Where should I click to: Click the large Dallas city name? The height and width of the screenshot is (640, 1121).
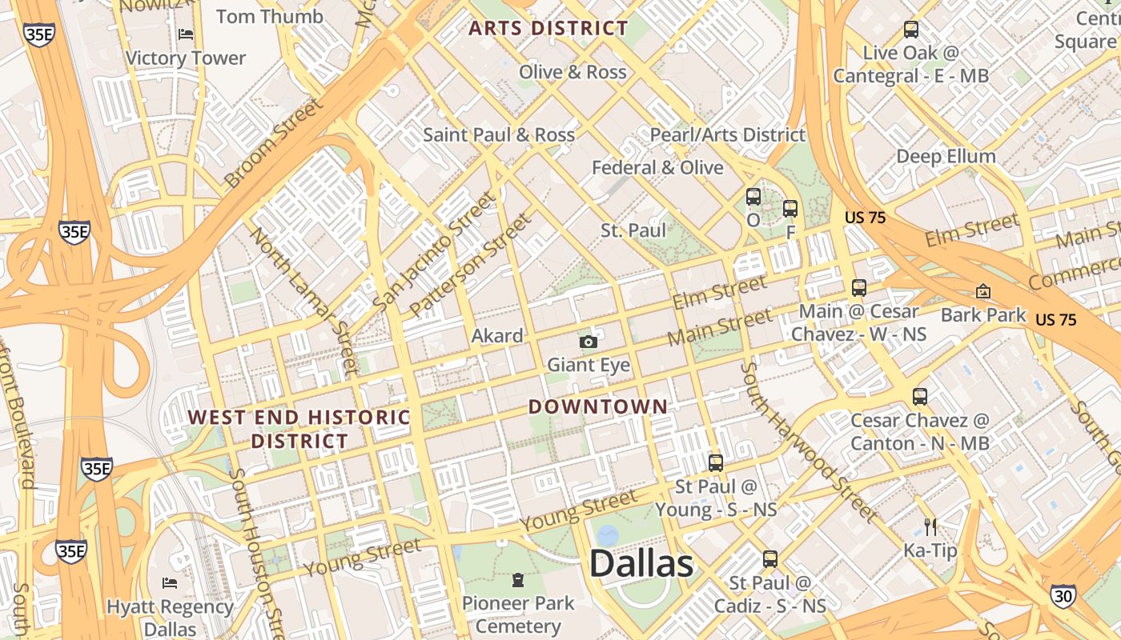click(x=641, y=564)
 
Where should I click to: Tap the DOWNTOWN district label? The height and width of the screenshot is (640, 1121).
click(x=597, y=406)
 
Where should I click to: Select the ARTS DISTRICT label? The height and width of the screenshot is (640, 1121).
click(x=548, y=29)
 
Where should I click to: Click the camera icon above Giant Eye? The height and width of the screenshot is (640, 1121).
click(x=589, y=342)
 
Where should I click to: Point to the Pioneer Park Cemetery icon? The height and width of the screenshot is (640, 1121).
click(x=518, y=578)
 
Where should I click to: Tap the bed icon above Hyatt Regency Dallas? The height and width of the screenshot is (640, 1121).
click(x=170, y=582)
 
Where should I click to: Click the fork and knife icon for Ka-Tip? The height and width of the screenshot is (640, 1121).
click(x=930, y=526)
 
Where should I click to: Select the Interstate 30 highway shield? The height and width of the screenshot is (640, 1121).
click(x=1063, y=595)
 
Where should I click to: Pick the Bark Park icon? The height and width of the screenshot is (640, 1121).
click(x=983, y=291)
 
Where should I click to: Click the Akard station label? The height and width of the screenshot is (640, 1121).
click(x=497, y=336)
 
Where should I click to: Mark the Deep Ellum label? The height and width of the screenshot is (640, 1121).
click(x=946, y=156)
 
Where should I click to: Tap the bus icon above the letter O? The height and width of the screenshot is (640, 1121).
click(x=753, y=197)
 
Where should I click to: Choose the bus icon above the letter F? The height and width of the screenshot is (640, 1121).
click(x=790, y=209)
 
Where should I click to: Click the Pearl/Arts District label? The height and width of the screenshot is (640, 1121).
click(x=727, y=134)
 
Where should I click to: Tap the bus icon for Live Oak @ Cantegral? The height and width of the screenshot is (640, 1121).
click(x=911, y=30)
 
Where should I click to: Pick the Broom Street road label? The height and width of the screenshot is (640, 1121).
click(x=274, y=142)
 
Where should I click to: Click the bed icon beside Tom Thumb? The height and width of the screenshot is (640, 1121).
click(x=186, y=34)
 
